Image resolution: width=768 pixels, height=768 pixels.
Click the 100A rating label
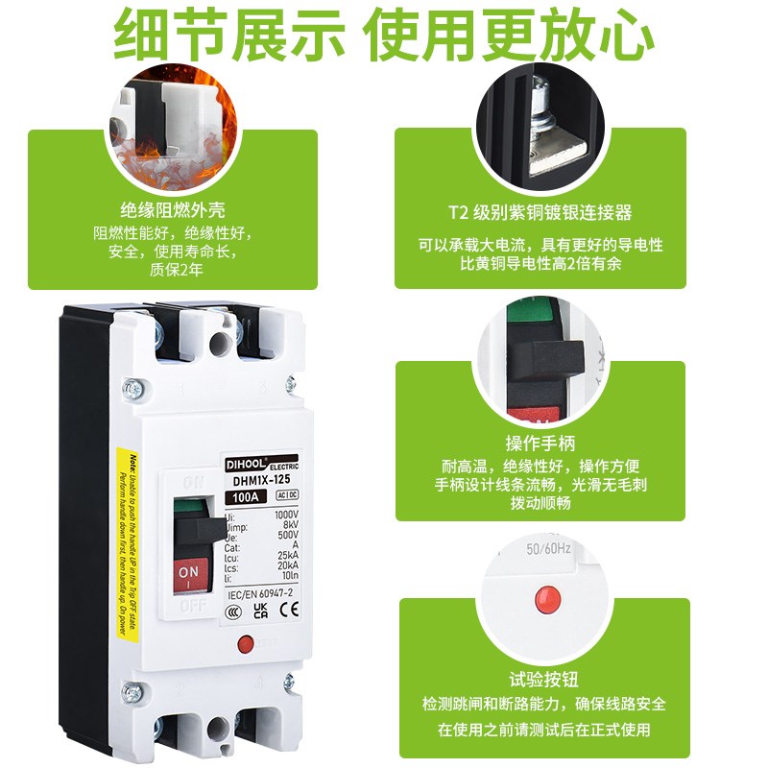[x=245, y=497]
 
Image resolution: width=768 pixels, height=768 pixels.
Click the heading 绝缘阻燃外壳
[x=173, y=211]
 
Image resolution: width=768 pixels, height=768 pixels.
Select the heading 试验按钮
[x=543, y=677]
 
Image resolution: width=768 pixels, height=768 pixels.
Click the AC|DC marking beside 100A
[x=285, y=496]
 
